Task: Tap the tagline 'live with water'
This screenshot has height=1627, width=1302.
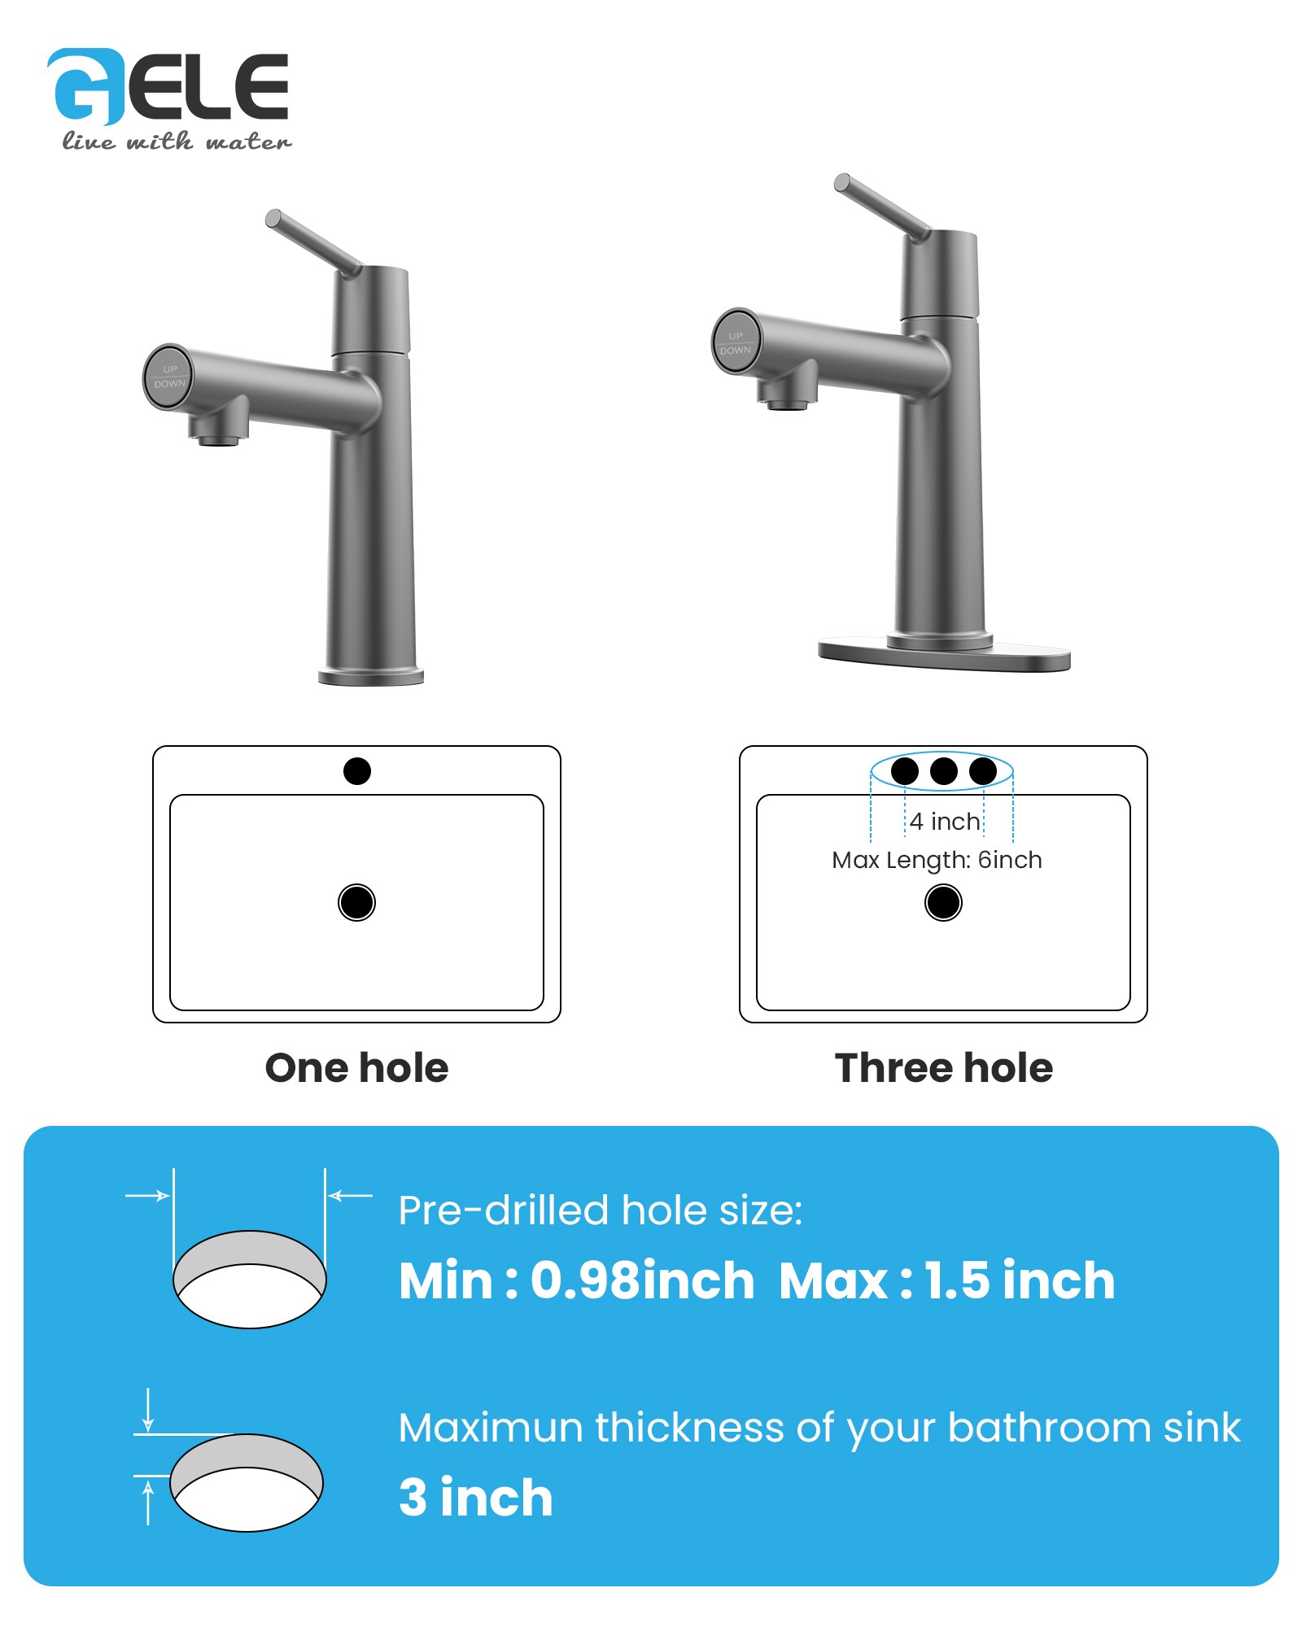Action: point(177,142)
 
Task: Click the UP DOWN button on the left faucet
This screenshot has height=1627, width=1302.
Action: point(169,376)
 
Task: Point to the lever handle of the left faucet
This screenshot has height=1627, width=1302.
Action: point(313,242)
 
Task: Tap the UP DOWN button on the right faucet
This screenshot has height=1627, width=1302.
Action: point(736,342)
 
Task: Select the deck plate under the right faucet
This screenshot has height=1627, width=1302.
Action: point(944,655)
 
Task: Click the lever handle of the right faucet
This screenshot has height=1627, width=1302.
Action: point(882,207)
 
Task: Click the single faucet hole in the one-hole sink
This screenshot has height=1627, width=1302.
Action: point(357,770)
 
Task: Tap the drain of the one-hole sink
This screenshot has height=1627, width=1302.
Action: point(356,902)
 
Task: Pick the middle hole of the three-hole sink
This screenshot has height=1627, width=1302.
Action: point(944,770)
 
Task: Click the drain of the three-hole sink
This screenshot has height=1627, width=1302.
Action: point(943,902)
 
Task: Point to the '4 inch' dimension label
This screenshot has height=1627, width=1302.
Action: point(945,822)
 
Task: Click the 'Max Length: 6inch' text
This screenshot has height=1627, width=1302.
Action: point(937,860)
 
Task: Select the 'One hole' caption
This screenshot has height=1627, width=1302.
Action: point(356,1068)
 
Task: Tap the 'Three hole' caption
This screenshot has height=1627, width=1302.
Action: point(944,1068)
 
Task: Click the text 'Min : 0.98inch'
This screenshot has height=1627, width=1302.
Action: point(577,1281)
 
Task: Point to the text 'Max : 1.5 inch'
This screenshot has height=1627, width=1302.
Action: point(946,1281)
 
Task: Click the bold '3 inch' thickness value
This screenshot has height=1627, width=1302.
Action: point(476,1498)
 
